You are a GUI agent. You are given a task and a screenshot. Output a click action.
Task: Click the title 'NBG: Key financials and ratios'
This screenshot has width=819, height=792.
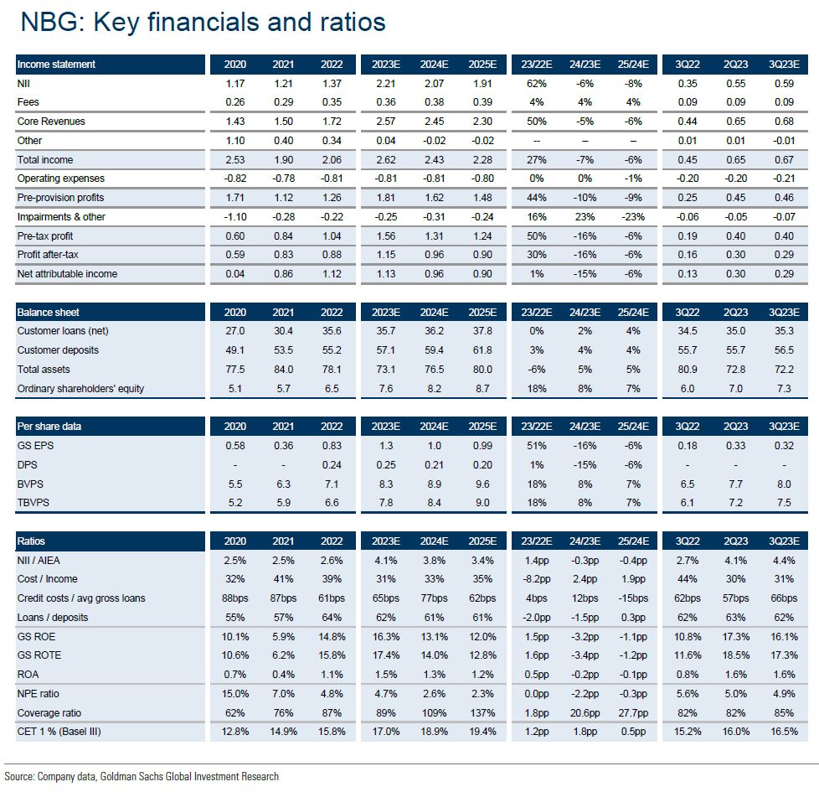tap(203, 22)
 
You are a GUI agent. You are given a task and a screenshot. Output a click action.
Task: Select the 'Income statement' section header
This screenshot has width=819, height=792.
tap(56, 65)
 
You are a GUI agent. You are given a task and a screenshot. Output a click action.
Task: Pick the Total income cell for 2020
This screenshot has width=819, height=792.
tap(235, 160)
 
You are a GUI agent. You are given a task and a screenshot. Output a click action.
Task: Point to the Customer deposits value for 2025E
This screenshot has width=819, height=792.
tap(483, 350)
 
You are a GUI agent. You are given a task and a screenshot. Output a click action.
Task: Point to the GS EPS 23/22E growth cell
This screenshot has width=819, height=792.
tap(536, 446)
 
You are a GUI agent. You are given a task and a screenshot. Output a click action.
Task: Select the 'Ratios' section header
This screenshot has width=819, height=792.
tap(33, 541)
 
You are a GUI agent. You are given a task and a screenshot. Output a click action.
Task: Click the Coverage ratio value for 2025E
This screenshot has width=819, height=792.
tap(482, 712)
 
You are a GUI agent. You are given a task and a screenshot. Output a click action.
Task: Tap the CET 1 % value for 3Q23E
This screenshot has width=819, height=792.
tap(784, 732)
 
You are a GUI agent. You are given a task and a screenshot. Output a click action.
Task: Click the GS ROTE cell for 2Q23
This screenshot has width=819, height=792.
tap(736, 655)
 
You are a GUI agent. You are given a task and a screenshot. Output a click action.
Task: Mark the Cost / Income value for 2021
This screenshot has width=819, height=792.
tap(283, 579)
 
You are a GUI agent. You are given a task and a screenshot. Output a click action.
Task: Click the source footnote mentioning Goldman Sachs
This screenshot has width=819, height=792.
tap(142, 776)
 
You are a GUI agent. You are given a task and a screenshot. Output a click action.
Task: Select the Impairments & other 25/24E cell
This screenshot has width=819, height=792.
tap(633, 217)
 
